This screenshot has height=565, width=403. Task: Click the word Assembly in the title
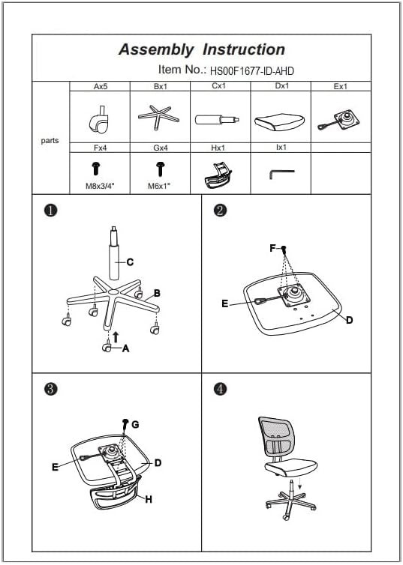[x=156, y=49]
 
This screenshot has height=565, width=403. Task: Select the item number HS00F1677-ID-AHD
[x=252, y=71]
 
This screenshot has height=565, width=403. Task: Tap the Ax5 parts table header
[x=101, y=86]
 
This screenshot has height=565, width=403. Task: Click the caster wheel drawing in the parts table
[x=99, y=120]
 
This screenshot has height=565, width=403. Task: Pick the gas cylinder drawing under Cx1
[x=217, y=119]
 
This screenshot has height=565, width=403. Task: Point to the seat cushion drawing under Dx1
[x=280, y=122]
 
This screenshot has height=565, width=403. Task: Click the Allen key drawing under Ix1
[x=281, y=174]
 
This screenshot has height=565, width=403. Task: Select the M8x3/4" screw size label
[x=100, y=187]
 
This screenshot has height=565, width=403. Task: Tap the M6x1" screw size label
[x=159, y=187]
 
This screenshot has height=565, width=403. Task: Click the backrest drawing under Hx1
[x=218, y=176]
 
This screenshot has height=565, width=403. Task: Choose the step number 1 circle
[x=50, y=211]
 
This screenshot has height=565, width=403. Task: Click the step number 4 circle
[x=220, y=389]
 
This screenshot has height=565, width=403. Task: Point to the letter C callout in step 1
[x=131, y=262]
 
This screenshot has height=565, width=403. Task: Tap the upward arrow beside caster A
[x=116, y=337]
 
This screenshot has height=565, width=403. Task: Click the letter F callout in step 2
[x=272, y=248]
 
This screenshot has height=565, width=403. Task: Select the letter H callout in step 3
[x=149, y=499]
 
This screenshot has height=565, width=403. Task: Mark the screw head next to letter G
[x=125, y=422]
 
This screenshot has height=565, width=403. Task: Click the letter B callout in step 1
[x=157, y=293]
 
